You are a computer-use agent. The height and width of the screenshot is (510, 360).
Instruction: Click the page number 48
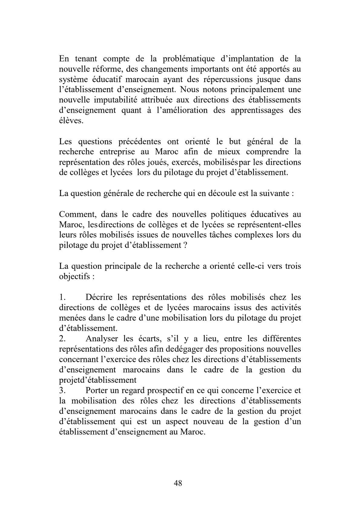(x=178, y=483)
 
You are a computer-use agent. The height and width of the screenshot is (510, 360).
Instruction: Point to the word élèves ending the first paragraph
(x=71, y=121)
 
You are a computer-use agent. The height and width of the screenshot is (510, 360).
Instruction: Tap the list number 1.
(x=62, y=297)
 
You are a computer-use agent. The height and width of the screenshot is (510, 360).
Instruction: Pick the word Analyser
(x=102, y=339)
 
